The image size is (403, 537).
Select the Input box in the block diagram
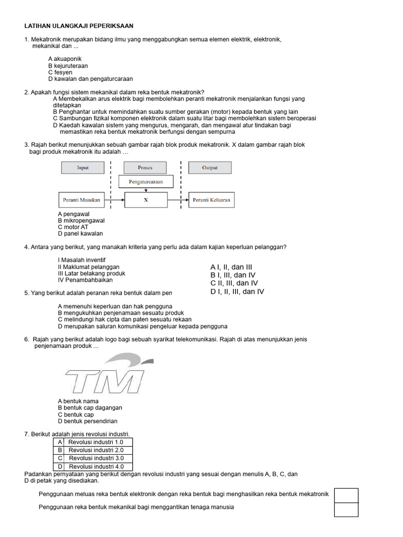click(83, 168)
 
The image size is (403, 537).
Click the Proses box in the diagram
click(145, 168)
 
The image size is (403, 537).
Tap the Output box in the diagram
click(209, 168)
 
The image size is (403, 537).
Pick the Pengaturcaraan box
click(146, 182)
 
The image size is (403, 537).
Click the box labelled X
click(146, 200)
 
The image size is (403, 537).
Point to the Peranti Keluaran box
click(211, 200)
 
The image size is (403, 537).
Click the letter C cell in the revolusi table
click(60, 458)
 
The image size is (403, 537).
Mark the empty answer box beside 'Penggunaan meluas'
click(346, 495)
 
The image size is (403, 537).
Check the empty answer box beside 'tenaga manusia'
click(346, 509)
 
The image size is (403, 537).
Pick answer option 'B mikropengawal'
click(81, 221)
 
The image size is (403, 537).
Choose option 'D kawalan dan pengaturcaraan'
click(90, 79)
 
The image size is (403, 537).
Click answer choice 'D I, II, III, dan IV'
click(237, 292)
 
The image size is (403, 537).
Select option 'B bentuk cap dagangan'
click(90, 407)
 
